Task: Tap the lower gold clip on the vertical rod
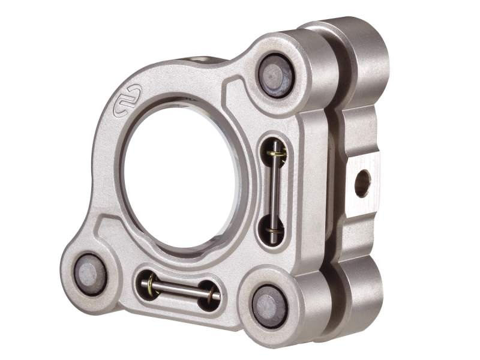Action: coord(275,231)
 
